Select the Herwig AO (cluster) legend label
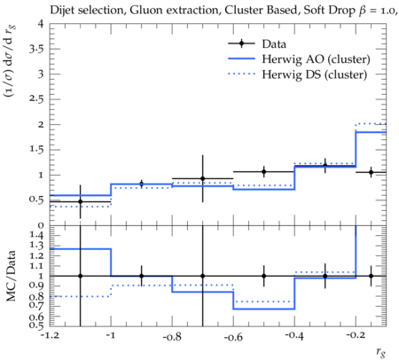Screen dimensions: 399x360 [316, 59]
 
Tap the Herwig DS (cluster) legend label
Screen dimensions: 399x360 [315, 74]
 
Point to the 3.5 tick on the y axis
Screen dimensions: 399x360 [36, 49]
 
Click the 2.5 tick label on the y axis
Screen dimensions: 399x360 [36, 98]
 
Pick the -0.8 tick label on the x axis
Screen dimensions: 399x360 [172, 336]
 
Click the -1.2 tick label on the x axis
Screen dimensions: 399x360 [50, 336]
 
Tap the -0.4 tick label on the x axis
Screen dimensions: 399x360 [294, 336]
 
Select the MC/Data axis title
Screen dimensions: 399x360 [11, 276]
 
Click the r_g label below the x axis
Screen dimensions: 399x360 [380, 352]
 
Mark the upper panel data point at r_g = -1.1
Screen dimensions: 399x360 [80, 201]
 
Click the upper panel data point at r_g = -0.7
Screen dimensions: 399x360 [202, 178]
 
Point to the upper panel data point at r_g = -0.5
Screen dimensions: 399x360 [263, 171]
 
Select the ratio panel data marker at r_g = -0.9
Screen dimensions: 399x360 [141, 276]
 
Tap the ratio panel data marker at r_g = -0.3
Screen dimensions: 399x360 [325, 276]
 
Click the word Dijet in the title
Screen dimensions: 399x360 [62, 10]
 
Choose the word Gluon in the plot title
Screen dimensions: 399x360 [143, 10]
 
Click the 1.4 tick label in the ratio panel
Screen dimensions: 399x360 [36, 236]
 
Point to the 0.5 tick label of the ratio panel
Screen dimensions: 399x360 [36, 325]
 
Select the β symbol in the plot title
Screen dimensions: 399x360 [363, 12]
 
